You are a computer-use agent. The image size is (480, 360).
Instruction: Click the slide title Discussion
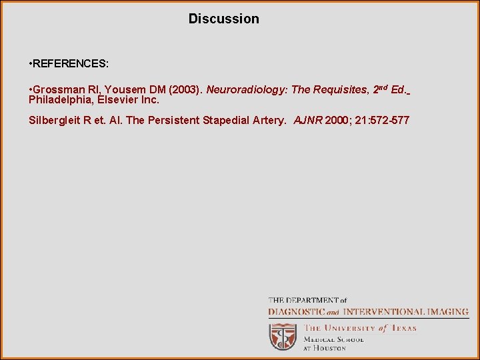tap(223, 19)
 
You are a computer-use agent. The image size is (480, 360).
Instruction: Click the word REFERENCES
tap(70, 64)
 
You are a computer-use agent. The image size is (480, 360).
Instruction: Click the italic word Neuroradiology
tap(243, 89)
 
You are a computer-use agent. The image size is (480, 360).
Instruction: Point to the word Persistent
tap(174, 121)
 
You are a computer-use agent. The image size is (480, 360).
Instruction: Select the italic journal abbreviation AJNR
tap(308, 121)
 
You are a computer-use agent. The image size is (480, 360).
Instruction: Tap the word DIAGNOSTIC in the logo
tap(297, 311)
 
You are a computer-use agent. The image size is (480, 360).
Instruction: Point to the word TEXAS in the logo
tap(403, 328)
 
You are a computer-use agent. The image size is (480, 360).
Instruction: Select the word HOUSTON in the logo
tap(331, 348)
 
